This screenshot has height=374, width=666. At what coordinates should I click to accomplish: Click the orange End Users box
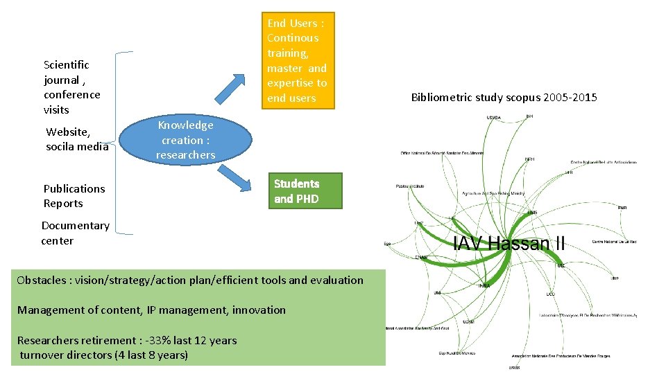297,61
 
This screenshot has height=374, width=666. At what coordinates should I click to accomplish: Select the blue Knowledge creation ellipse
185,140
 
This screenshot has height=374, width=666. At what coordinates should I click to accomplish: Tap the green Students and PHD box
297,191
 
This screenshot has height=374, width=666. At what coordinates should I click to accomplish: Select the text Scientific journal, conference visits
71,87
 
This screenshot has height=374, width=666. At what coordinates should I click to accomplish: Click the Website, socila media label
77,139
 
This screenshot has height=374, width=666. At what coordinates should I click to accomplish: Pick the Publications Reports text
74,196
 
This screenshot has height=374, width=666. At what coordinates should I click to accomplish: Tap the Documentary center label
75,233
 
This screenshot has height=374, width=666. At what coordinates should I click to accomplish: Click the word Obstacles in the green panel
41,280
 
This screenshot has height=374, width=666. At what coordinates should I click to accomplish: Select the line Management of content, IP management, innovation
151,310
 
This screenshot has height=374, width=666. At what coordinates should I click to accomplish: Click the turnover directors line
104,355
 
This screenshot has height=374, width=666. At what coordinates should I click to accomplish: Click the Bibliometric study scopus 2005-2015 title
504,97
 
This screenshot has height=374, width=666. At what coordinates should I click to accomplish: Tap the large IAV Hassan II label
509,244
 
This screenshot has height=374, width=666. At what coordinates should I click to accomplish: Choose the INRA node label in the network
484,285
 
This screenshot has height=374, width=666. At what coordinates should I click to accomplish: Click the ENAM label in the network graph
421,257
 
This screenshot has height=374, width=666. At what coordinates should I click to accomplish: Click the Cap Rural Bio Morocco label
456,353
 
